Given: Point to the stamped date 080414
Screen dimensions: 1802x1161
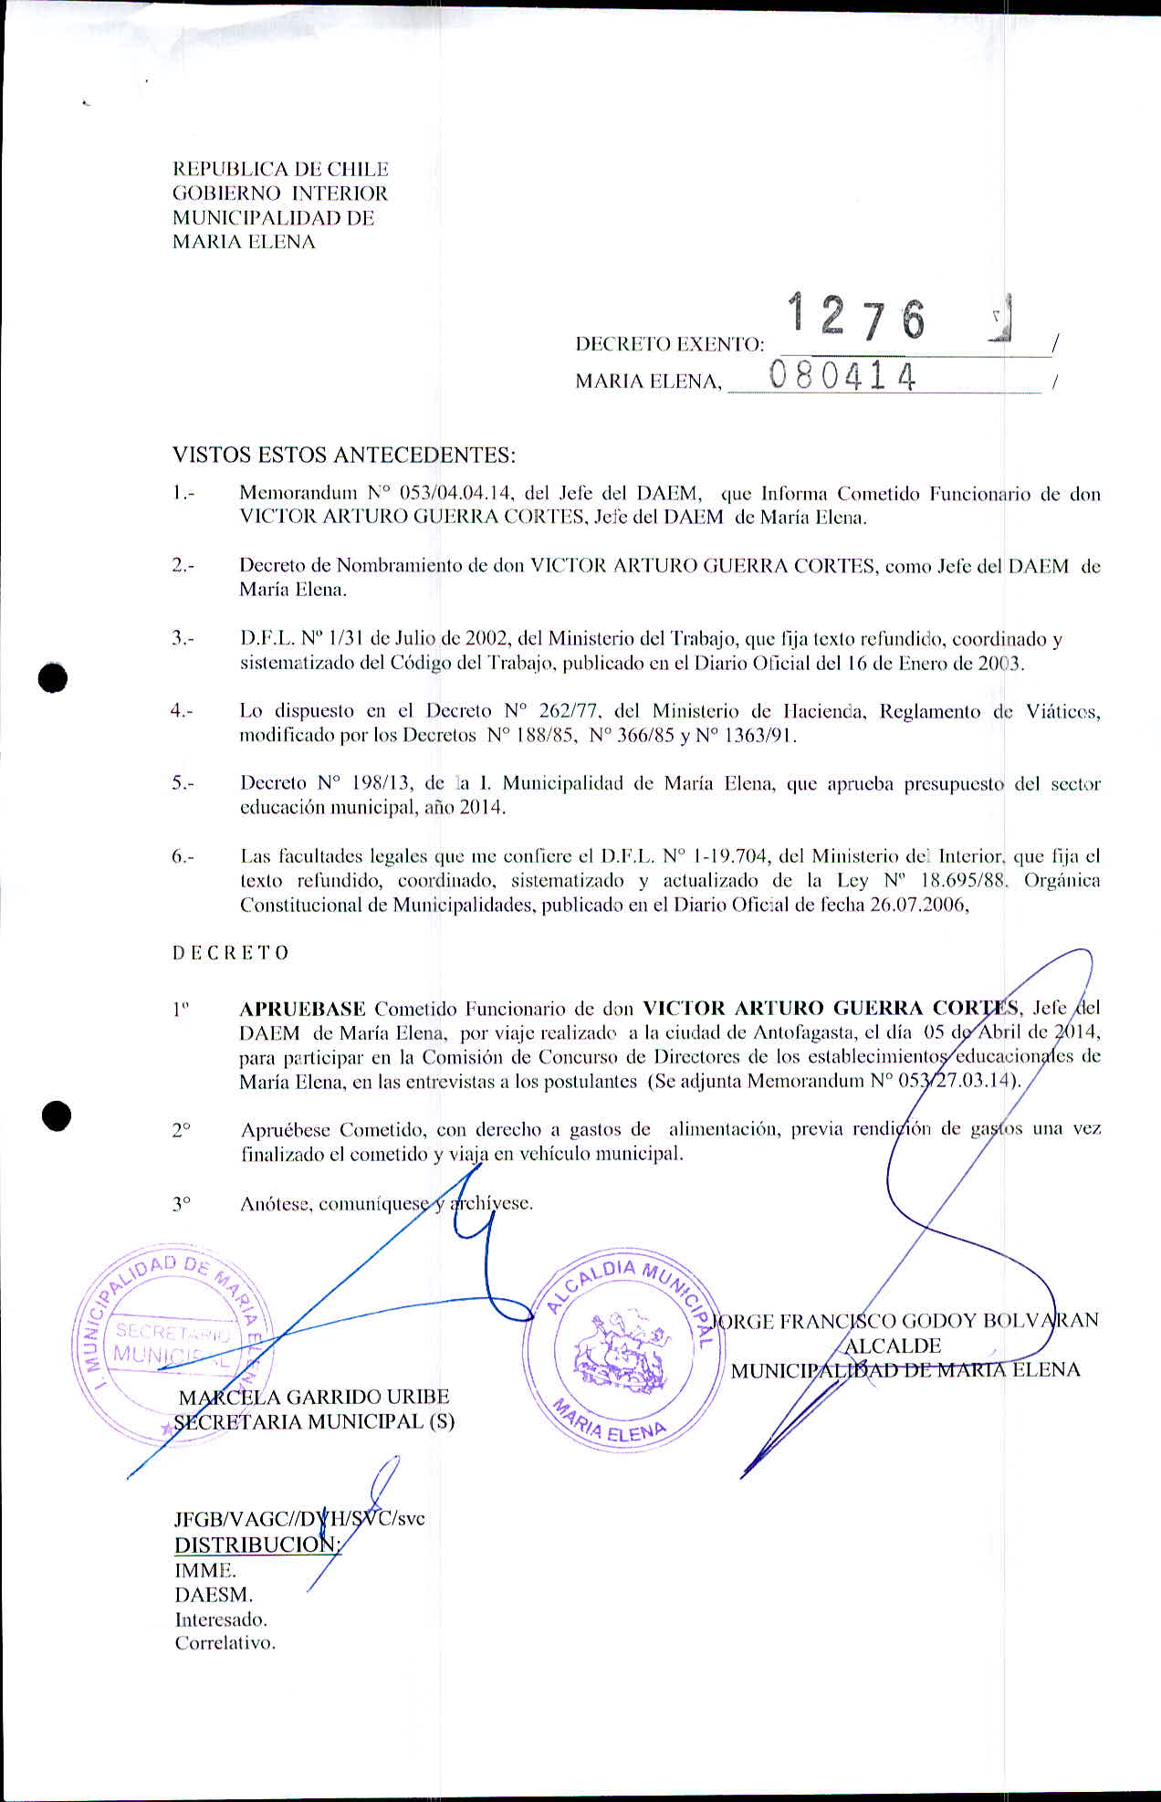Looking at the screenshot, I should (x=842, y=375).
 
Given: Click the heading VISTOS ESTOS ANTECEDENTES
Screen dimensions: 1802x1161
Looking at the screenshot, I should (x=344, y=455).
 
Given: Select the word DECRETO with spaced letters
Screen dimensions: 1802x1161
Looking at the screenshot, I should (x=231, y=953).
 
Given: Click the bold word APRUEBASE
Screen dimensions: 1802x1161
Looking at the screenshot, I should (x=302, y=1009).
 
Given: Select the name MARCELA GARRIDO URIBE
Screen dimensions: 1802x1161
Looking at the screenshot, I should (x=314, y=1397).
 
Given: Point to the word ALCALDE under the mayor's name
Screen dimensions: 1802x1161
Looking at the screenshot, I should (x=893, y=1346).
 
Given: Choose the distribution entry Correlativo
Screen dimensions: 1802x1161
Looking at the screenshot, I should (x=225, y=1643).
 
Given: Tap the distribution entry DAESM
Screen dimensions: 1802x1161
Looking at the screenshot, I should (x=214, y=1595).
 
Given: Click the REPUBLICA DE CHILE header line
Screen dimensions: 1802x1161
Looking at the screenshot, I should (x=280, y=169).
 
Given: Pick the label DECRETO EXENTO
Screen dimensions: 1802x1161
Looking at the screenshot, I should (x=669, y=344).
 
